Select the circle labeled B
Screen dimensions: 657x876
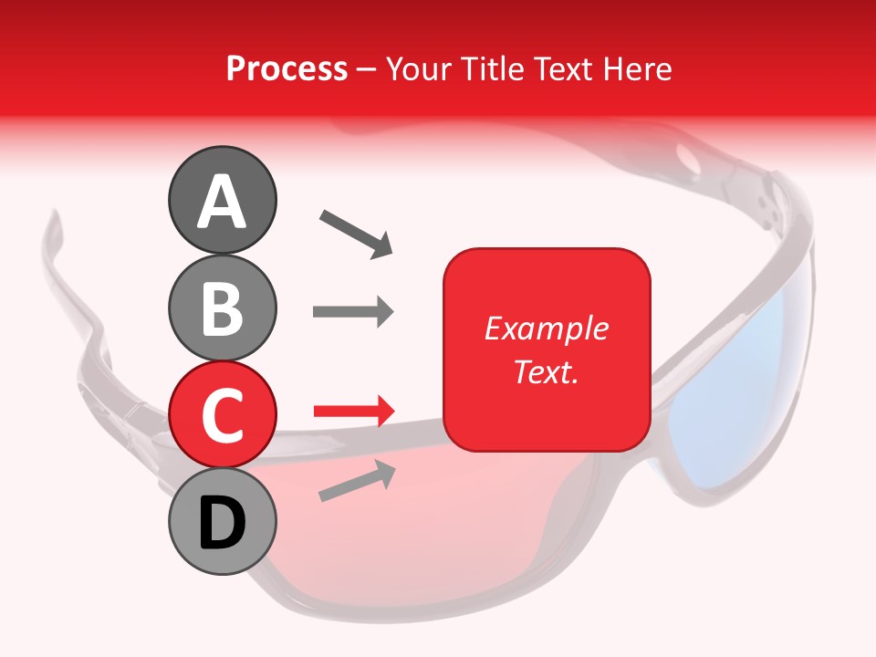point(223,308)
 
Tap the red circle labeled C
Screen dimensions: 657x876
point(223,414)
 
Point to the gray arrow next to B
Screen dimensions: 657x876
point(353,312)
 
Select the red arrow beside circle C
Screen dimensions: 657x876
point(353,412)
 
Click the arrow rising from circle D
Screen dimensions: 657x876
point(357,481)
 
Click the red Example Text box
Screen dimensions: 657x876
point(547,349)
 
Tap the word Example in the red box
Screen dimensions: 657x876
point(547,328)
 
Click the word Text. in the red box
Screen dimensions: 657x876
point(546,371)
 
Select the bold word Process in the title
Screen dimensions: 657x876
point(287,68)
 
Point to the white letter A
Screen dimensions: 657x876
point(223,202)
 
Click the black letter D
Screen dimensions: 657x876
point(223,524)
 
